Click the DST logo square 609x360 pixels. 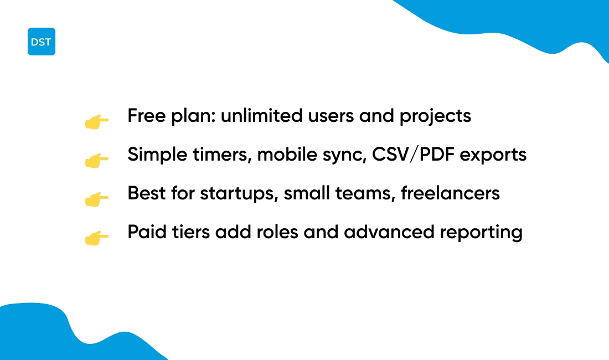42,42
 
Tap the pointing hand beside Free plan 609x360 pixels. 97,121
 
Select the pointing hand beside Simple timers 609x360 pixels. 97,161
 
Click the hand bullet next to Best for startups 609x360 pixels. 97,199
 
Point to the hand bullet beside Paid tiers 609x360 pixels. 97,238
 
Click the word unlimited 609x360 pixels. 262,115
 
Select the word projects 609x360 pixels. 435,116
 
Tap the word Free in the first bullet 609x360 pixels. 147,115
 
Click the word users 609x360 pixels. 331,116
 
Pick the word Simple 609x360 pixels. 158,155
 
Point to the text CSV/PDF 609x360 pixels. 413,154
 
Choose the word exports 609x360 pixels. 493,155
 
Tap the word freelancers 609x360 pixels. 450,193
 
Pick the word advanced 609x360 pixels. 389,232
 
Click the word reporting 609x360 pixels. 481,233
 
